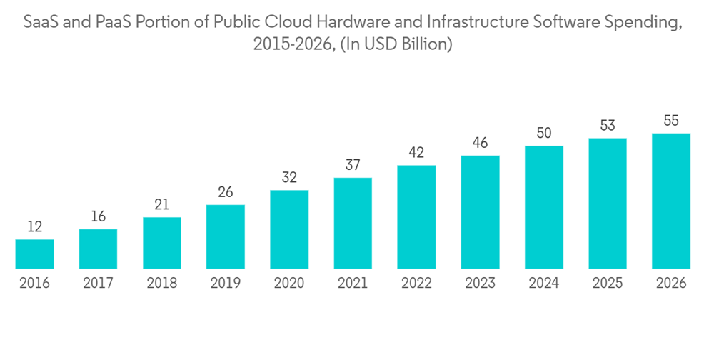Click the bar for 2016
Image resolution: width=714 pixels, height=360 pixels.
[x=34, y=254]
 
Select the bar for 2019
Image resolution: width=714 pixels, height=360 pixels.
[x=226, y=236]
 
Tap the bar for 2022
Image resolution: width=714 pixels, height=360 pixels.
[x=416, y=216]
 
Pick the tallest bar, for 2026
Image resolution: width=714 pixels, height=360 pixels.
[x=671, y=201]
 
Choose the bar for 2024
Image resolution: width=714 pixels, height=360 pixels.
[x=544, y=207]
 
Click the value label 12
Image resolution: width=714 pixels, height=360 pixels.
[x=34, y=227]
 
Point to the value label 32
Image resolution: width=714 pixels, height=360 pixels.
[x=289, y=178]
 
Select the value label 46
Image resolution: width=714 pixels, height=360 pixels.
[x=480, y=143]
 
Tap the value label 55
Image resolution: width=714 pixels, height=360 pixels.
[x=671, y=121]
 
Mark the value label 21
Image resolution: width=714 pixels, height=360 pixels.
[x=162, y=205]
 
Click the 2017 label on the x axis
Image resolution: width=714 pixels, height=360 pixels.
[x=99, y=284]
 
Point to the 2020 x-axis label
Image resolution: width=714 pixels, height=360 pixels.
[x=289, y=284]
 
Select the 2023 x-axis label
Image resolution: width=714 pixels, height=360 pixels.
[x=480, y=284]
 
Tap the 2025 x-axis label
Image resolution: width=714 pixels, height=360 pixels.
[x=608, y=284]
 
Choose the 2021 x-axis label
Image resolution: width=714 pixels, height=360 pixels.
[x=353, y=284]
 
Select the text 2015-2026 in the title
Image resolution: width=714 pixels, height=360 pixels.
[x=292, y=44]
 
